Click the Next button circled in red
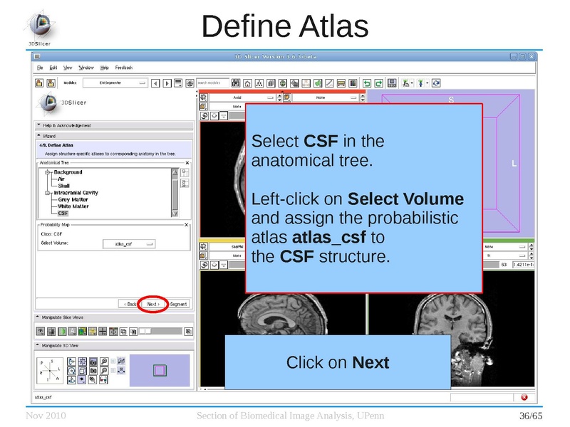(x=153, y=304)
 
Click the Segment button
(x=178, y=304)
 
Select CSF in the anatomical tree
(x=63, y=213)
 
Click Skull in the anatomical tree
(x=64, y=186)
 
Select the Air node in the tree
(x=61, y=179)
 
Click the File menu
(x=41, y=68)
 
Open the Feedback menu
(x=124, y=68)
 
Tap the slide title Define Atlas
(x=284, y=26)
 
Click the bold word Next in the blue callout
(x=371, y=363)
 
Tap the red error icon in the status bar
(x=524, y=396)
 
